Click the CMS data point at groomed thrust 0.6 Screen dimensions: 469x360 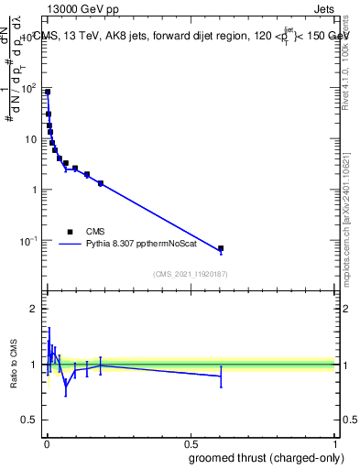click(x=221, y=248)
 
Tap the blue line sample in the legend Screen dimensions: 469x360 click(x=71, y=245)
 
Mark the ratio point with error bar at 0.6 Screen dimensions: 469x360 click(x=221, y=376)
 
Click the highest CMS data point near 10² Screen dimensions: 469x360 click(x=48, y=93)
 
